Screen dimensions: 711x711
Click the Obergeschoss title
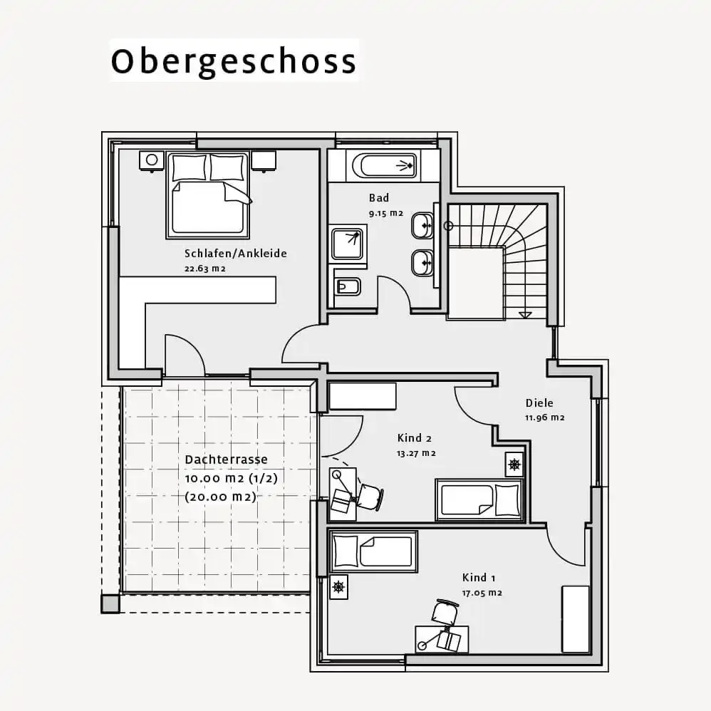point(234,62)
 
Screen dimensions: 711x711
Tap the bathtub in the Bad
point(384,165)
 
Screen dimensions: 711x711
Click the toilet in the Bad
point(348,286)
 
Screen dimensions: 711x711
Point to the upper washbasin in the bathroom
point(422,225)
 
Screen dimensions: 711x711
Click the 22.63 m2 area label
point(205,269)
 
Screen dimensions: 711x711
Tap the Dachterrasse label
point(227,460)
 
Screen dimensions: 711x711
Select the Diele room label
point(539,403)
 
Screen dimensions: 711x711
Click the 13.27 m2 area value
point(416,453)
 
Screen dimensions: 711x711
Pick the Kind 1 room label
point(479,578)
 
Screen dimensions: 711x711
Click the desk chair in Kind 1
point(445,612)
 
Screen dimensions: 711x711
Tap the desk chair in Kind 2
point(370,497)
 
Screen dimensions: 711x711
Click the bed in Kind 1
point(373,551)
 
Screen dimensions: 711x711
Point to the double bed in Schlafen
point(208,195)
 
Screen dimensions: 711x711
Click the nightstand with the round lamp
point(152,160)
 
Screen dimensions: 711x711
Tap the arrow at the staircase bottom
point(524,315)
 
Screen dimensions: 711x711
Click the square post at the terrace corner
point(110,604)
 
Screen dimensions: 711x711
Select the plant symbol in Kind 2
point(514,465)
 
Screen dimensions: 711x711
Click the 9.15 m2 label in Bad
point(386,213)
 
